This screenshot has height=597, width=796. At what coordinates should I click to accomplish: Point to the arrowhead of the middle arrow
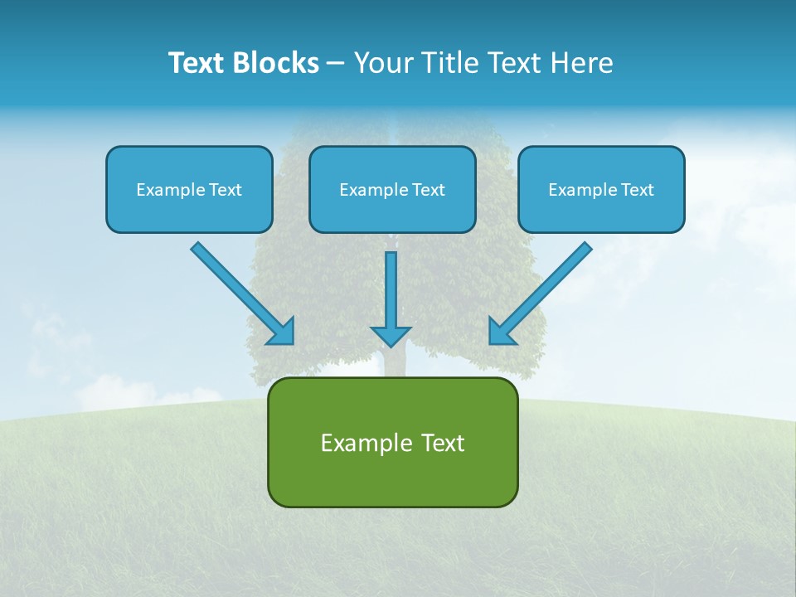click(x=391, y=336)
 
